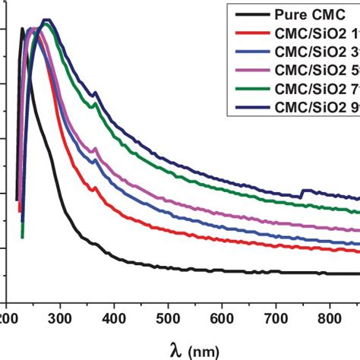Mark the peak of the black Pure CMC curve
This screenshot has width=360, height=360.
click(22, 30)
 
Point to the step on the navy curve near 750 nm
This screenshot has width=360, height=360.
click(304, 191)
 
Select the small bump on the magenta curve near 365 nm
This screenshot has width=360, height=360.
click(95, 149)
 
